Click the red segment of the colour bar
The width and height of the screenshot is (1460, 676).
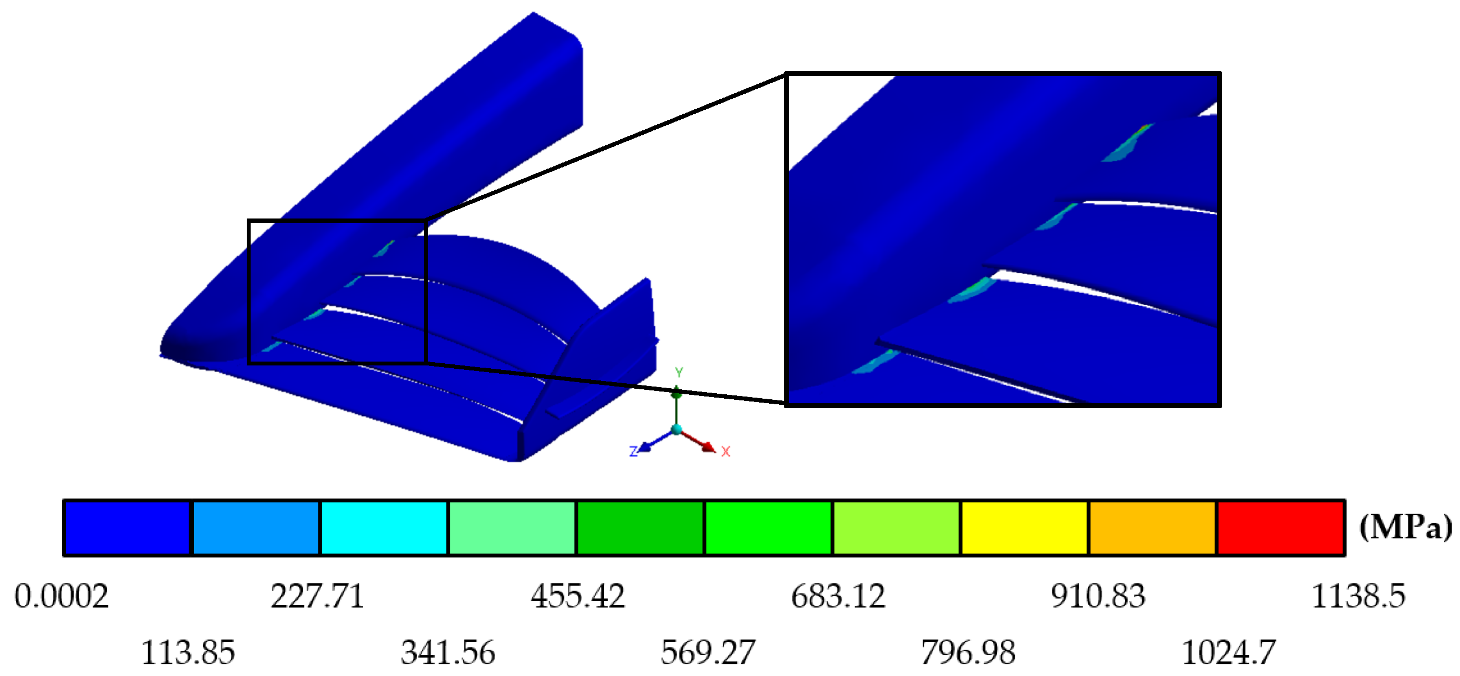(x=1280, y=527)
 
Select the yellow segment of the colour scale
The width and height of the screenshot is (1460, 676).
(x=1024, y=527)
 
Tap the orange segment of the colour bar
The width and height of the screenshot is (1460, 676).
(x=1152, y=527)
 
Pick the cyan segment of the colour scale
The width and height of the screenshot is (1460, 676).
(x=384, y=527)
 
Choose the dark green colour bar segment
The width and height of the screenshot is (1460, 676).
(x=640, y=527)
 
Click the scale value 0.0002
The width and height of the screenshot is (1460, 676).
(x=61, y=597)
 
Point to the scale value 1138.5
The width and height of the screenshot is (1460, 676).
(x=1358, y=597)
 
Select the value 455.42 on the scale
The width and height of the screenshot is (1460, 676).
(x=578, y=597)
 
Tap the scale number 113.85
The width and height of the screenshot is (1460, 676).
(x=187, y=653)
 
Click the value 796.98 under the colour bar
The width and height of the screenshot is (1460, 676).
(x=968, y=653)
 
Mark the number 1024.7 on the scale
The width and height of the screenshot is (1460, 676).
(x=1228, y=653)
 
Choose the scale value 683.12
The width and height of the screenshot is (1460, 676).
(x=838, y=597)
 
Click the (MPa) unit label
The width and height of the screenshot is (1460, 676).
(x=1405, y=527)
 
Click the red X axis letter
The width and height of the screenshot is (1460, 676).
(x=725, y=451)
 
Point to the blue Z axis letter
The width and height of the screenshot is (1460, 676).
(x=634, y=451)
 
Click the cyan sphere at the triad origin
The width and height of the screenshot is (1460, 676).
(x=676, y=430)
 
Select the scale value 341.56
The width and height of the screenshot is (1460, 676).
(x=447, y=653)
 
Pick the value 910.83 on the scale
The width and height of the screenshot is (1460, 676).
(x=1098, y=597)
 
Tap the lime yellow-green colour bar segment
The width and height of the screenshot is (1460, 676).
(x=896, y=527)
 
